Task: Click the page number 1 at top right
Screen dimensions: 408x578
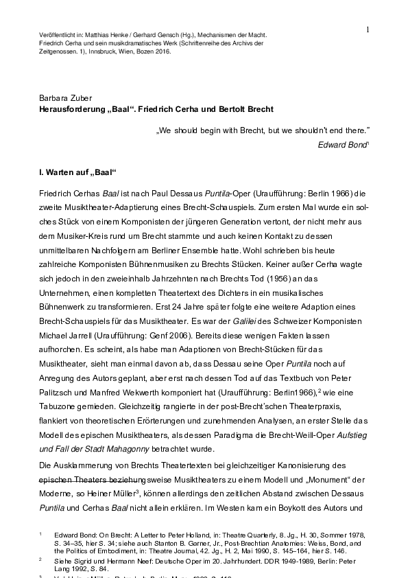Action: coord(368,29)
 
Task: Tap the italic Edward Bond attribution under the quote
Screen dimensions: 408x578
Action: coord(343,145)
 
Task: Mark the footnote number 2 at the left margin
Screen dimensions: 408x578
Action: coord(40,559)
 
